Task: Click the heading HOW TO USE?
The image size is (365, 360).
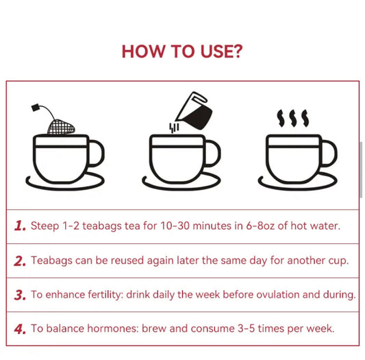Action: [x=181, y=51]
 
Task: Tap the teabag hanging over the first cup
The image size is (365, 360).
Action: [x=61, y=127]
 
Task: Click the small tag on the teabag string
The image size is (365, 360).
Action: [x=36, y=108]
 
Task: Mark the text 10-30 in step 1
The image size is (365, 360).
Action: [x=161, y=226]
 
